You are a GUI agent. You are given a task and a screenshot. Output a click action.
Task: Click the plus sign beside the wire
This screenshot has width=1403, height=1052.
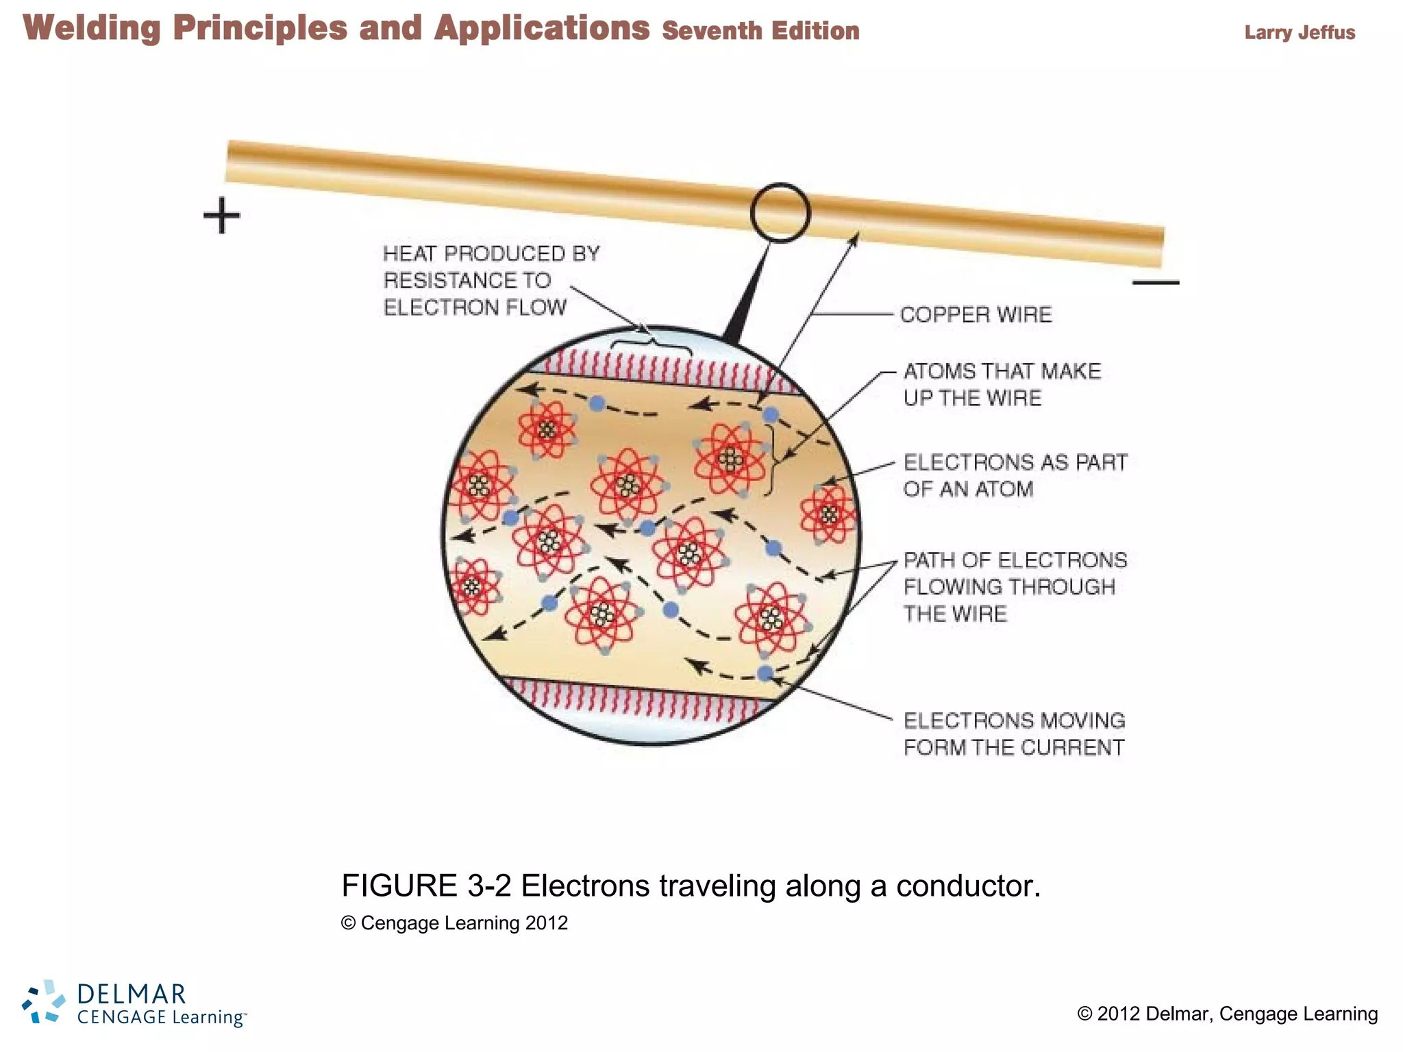222,216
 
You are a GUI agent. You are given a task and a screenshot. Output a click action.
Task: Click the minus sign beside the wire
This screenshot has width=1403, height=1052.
1156,282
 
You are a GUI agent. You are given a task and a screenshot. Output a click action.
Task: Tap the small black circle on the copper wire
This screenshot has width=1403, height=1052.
780,213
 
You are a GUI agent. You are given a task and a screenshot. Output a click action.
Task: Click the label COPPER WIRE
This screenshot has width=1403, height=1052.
976,314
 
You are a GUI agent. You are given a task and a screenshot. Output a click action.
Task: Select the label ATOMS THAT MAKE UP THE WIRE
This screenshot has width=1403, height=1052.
1002,384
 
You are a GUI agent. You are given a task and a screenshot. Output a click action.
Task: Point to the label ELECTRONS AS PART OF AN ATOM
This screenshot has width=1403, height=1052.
1015,475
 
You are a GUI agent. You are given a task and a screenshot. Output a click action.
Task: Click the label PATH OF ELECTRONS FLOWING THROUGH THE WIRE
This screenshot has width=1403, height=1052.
1015,587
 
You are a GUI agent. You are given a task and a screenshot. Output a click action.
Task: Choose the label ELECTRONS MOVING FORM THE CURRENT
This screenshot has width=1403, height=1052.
1014,734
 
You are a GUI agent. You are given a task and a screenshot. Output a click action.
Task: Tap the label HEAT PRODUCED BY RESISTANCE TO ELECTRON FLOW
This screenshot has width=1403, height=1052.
491,281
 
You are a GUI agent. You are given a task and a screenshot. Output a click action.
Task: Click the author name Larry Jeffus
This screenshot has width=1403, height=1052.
1300,32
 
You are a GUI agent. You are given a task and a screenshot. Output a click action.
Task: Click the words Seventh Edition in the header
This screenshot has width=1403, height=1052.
760,31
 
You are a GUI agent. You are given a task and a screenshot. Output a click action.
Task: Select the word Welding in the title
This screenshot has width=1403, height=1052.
92,29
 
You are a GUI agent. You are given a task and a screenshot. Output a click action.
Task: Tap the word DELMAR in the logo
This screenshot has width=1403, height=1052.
132,993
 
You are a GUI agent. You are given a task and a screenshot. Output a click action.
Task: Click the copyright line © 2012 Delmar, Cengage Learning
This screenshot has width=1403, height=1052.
1227,1014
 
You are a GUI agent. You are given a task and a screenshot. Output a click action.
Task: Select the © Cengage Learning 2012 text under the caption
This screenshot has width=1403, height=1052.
454,923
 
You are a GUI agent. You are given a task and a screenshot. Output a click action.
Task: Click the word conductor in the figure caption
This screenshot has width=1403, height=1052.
968,886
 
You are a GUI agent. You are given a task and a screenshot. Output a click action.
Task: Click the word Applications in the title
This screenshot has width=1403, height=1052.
542,29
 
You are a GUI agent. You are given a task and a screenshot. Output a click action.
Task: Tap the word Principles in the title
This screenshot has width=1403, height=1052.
260,29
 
